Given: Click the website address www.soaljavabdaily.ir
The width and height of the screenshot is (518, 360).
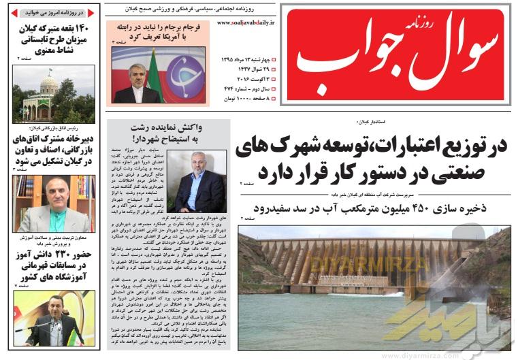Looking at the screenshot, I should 246,22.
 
